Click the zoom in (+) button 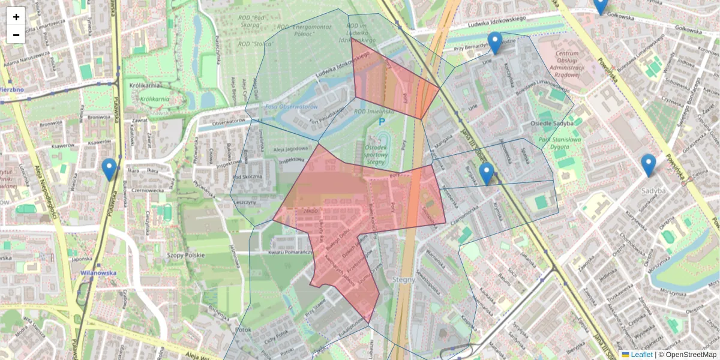(16, 16)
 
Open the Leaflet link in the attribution (641, 355)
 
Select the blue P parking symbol (381, 122)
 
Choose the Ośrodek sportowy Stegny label (376, 154)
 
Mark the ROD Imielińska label (374, 111)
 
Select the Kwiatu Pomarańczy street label (292, 252)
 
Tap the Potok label (243, 329)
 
